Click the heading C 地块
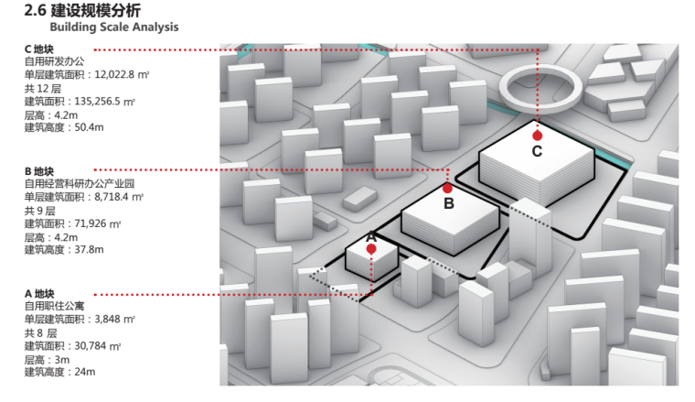[40, 48]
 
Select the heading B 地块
[40, 170]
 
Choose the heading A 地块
[40, 294]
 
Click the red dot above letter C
[538, 135]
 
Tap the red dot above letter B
[447, 188]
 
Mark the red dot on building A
[371, 246]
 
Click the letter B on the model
[448, 203]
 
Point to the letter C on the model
[538, 151]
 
